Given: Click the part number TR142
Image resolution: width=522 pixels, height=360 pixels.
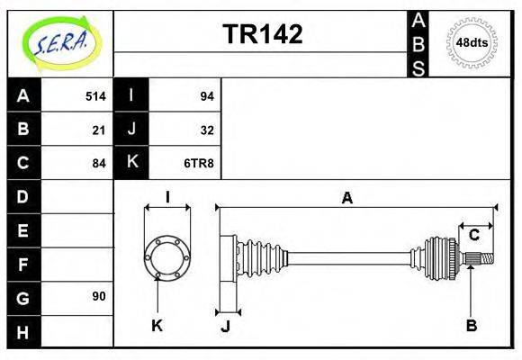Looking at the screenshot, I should click(x=262, y=34).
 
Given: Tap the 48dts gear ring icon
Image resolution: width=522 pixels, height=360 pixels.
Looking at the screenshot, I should click(x=472, y=42).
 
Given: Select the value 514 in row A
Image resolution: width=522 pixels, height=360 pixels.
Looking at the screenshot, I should click(x=95, y=96).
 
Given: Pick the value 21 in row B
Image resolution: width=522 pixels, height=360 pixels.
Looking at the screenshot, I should click(x=99, y=130).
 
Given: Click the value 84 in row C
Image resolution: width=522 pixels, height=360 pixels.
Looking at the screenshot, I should click(x=99, y=163).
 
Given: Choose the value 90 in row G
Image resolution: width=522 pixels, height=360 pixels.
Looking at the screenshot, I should click(x=99, y=296).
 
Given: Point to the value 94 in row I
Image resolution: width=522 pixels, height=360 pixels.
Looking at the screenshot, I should click(x=206, y=96).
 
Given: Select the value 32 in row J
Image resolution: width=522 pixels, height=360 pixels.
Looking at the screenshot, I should click(x=206, y=130).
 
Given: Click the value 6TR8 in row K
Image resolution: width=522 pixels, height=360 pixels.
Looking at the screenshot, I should click(x=200, y=163).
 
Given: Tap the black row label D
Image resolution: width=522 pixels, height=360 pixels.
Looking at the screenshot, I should click(x=23, y=196).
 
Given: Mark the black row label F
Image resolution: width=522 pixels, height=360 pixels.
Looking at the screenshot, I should click(x=23, y=264).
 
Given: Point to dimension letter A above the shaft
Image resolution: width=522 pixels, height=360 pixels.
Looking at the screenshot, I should click(x=346, y=199).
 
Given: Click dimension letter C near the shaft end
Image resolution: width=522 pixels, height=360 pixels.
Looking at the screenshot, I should click(x=473, y=236).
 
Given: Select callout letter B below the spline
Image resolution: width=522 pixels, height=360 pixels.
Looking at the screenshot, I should click(x=471, y=325).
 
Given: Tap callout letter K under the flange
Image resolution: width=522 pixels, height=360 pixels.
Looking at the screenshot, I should click(x=157, y=325).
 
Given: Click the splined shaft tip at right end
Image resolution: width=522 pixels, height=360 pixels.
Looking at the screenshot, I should click(x=483, y=260).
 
